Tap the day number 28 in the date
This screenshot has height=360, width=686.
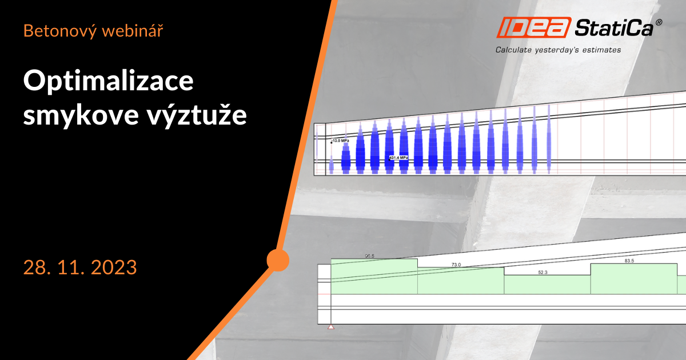click(x=33, y=267)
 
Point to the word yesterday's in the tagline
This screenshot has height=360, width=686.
click(x=561, y=50)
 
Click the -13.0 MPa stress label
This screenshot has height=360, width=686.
click(x=340, y=140)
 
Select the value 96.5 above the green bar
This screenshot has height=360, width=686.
click(x=369, y=256)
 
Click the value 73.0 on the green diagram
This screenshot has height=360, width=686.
click(x=456, y=265)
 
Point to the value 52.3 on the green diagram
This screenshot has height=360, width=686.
click(x=543, y=273)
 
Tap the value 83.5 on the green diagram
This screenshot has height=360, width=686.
click(x=629, y=261)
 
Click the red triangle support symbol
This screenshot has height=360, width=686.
click(x=330, y=327)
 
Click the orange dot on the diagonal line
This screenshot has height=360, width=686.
click(x=278, y=260)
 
